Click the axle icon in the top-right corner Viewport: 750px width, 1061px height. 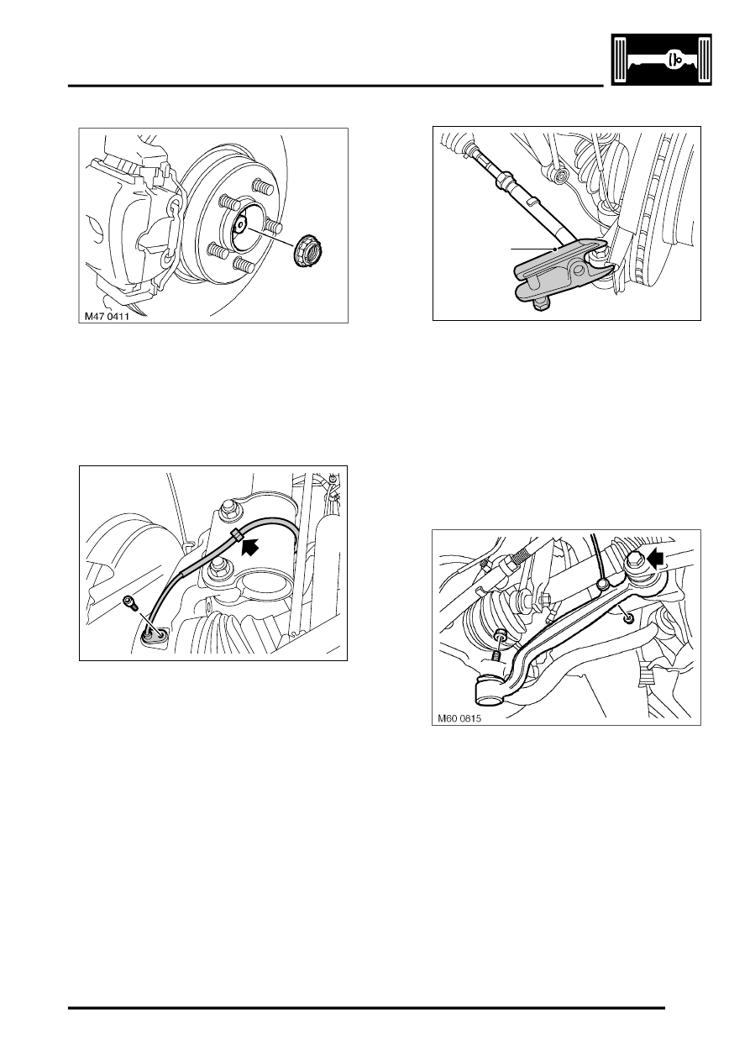pyautogui.click(x=658, y=61)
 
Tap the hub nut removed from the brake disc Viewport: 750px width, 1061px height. pyautogui.click(x=307, y=249)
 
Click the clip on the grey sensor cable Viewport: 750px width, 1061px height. pyautogui.click(x=236, y=535)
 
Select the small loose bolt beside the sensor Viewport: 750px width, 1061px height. pyautogui.click(x=128, y=601)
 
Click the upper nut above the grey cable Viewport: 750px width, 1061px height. pyautogui.click(x=227, y=508)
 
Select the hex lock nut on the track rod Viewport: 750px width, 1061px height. pyautogui.click(x=506, y=179)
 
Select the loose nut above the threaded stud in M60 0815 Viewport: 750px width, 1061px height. pyautogui.click(x=501, y=635)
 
